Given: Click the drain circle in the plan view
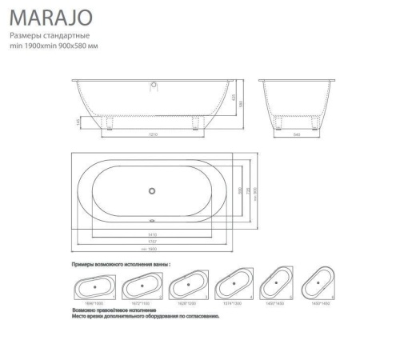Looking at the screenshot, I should tap(152, 190).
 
